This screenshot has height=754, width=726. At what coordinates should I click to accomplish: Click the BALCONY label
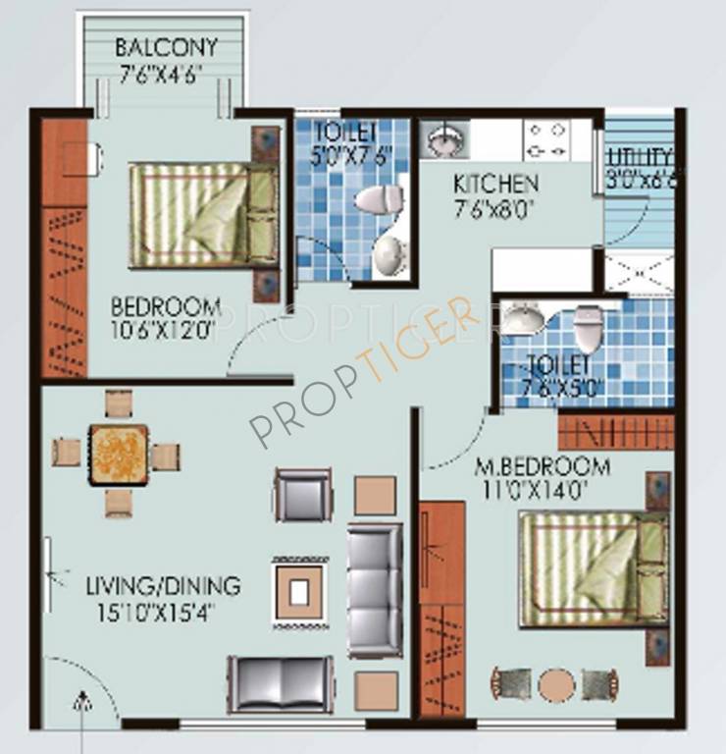165,48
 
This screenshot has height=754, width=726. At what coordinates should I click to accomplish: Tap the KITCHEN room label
495,184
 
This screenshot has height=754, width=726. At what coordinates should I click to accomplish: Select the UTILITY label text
640,157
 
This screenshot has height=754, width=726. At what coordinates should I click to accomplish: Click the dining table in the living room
118,455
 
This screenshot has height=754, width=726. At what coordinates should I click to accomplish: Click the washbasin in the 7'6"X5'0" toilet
522,319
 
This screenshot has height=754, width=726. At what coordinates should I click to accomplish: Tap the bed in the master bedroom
593,569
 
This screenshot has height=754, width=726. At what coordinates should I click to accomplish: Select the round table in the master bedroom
555,683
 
